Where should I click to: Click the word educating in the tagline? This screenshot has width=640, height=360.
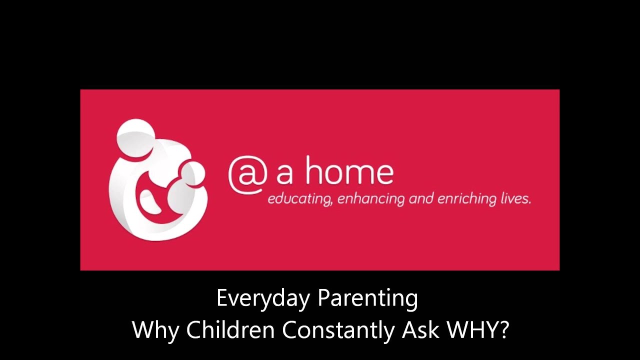coord(298,199)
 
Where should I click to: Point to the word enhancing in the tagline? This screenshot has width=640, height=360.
coord(370,199)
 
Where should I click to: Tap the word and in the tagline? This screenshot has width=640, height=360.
coord(420,199)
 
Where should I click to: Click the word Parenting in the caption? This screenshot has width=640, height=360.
coord(368,299)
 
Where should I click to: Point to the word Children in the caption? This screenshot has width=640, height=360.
coord(230,330)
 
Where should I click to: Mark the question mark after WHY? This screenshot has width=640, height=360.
coord(503,330)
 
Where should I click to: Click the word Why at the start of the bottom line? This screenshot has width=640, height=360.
coord(155,330)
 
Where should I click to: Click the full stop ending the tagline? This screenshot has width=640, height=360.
coord(529,203)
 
